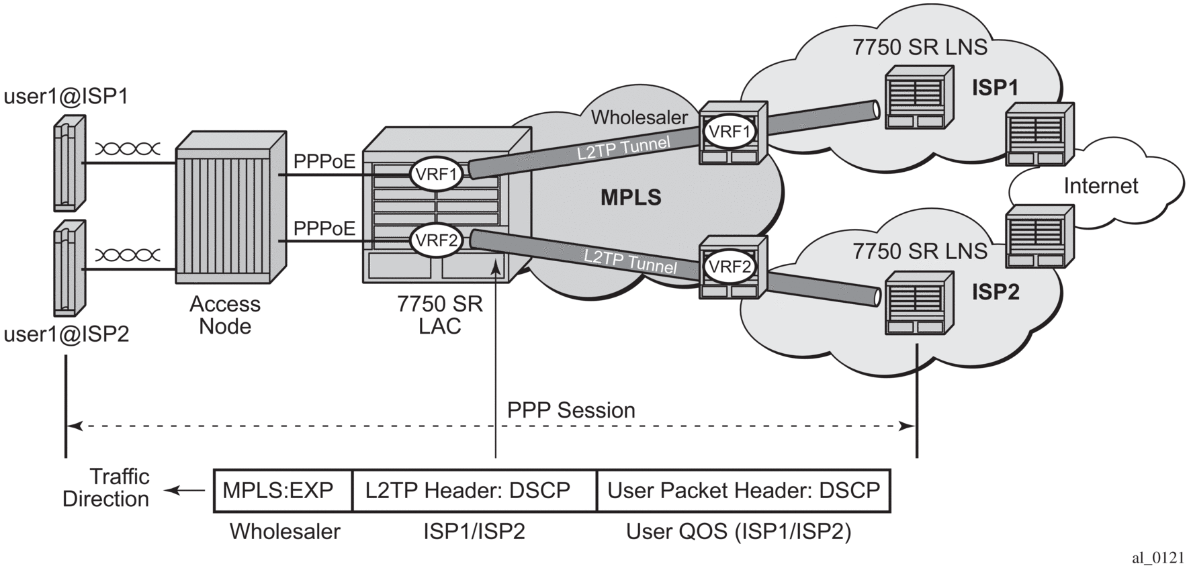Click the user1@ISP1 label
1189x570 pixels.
66,97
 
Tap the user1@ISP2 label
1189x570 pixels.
66,334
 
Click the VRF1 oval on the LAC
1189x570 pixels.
437,175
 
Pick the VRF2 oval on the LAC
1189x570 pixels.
437,240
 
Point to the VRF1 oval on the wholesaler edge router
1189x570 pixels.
730,132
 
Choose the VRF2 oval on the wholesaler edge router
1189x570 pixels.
730,267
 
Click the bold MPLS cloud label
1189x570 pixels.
631,197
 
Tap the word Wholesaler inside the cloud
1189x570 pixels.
639,117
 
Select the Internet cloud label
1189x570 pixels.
1100,186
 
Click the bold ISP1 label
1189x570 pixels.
995,88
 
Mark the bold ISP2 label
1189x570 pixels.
996,292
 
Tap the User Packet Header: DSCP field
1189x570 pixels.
743,491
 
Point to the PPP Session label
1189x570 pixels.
571,410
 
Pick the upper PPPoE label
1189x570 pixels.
324,162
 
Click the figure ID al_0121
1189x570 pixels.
1157,558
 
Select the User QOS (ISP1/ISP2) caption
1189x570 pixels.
738,532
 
